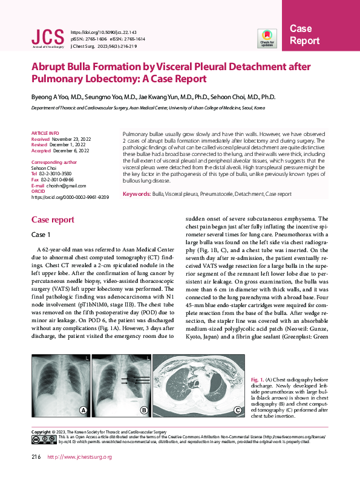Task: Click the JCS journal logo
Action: click(x=47, y=37)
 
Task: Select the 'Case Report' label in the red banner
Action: click(x=304, y=35)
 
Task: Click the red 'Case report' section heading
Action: click(x=53, y=219)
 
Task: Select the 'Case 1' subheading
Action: click(x=41, y=234)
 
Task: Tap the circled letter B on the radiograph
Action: click(x=145, y=410)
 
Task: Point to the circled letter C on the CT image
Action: click(x=238, y=410)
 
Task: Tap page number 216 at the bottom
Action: click(x=36, y=457)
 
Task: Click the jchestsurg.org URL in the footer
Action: click(x=79, y=457)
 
